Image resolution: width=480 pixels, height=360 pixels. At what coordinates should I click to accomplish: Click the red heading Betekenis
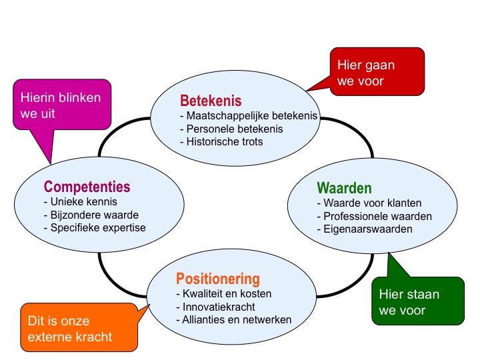[x=211, y=101]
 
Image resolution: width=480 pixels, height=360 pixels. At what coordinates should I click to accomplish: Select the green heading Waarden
[x=344, y=188]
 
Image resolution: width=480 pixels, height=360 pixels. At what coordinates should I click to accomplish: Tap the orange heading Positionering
[x=218, y=279]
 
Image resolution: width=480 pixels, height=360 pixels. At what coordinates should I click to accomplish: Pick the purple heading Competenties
[x=87, y=187]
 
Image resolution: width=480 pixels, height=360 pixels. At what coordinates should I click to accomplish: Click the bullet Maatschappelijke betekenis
[x=249, y=116]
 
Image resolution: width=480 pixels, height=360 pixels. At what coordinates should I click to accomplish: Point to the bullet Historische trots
[x=221, y=142]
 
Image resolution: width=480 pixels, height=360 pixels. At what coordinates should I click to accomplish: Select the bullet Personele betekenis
[x=231, y=129]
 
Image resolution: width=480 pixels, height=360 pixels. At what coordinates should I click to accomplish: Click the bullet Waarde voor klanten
[x=369, y=203]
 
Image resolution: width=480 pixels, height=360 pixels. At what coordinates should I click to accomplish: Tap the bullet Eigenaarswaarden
[x=365, y=229]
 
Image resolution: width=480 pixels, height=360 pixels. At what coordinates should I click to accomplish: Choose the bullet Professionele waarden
[x=375, y=216]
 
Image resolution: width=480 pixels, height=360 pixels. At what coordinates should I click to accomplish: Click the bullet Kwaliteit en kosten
[x=224, y=293]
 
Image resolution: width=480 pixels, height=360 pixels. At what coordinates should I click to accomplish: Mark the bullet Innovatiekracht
[x=215, y=307]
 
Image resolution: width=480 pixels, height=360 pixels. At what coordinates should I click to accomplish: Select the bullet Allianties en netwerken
[x=233, y=319]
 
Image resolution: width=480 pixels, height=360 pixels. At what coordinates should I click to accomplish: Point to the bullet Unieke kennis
[x=81, y=202]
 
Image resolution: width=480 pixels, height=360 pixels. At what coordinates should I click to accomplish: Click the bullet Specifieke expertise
[x=95, y=228]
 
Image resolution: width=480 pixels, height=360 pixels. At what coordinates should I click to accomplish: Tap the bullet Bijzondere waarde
[x=91, y=215]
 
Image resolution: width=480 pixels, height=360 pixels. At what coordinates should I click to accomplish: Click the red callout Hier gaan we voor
[x=377, y=71]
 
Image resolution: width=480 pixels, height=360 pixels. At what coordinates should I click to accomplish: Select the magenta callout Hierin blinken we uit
[x=62, y=105]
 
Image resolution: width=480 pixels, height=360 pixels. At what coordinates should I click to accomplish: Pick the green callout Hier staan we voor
[x=418, y=301]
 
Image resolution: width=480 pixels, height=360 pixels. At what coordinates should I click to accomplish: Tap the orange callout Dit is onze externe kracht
[x=79, y=327]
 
